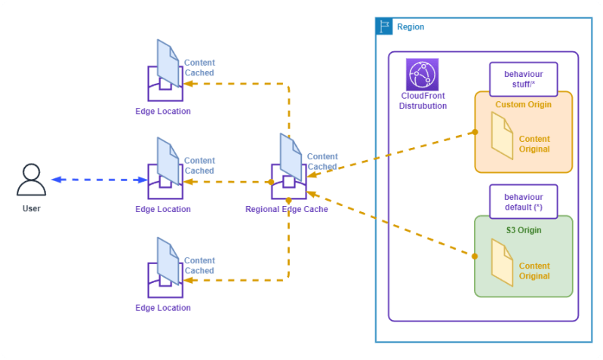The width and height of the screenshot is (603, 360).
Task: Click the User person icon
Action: (31, 180)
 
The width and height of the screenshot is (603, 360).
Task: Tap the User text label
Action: (32, 208)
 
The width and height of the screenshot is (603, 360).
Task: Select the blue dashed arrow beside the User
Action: (99, 180)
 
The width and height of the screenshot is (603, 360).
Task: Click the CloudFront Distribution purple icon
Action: (423, 75)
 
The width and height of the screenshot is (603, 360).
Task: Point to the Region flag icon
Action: (384, 26)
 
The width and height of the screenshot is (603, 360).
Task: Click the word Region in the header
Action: (410, 27)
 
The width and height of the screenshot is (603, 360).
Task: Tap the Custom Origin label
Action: (522, 104)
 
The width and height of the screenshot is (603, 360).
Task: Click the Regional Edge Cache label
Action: (287, 209)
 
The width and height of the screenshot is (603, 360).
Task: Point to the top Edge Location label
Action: (163, 111)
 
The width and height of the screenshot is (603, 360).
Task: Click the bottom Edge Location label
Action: (163, 308)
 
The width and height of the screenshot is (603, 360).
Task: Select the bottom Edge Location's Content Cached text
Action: (199, 266)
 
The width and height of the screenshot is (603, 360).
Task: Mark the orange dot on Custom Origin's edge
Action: (475, 132)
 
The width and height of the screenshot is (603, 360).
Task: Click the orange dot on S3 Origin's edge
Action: (475, 257)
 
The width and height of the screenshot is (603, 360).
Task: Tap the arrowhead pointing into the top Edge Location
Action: (189, 84)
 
